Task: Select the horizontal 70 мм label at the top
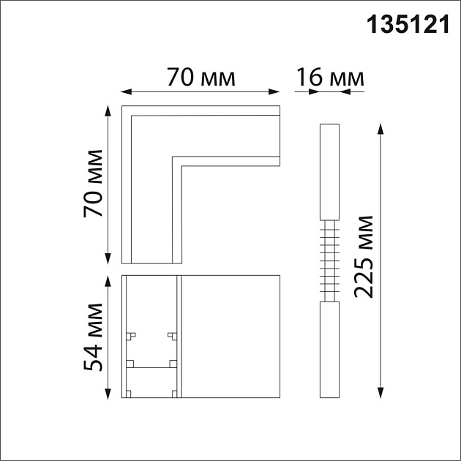pos(200,77)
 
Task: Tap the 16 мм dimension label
pos(329,77)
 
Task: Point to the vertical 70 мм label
pos(93,184)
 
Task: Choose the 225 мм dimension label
pos(364,256)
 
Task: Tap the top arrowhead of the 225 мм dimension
pos(381,128)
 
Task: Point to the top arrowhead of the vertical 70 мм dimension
pos(108,110)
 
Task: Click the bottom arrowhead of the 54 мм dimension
pos(108,394)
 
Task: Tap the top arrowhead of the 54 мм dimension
pos(108,279)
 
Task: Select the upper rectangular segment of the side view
pos(329,173)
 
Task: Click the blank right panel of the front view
pos(230,337)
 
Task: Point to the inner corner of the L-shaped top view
pos(172,157)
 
